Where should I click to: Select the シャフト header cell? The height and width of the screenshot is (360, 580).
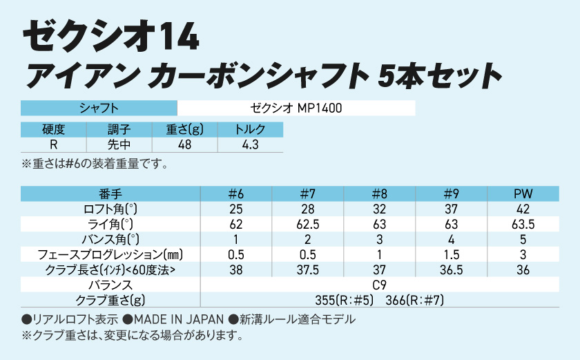coord(99,108)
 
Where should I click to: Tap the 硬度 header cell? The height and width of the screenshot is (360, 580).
coord(53,129)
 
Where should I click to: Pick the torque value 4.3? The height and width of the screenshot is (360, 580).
coord(250,145)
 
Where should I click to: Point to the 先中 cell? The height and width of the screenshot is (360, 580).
coord(119,145)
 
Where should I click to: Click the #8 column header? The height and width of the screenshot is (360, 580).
coord(379,193)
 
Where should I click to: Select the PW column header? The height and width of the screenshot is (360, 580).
coord(523,193)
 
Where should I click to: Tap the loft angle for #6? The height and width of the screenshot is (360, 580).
coord(235,209)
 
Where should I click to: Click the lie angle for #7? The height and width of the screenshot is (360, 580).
coord(307,224)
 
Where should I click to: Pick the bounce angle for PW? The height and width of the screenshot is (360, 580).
coord(523,239)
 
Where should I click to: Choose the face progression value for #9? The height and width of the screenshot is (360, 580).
coord(451,254)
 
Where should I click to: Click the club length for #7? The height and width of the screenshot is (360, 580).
coord(307,269)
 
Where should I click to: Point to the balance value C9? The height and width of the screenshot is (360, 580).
coord(379,285)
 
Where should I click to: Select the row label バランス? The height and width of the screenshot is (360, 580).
coord(110,285)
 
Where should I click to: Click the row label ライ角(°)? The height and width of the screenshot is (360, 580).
coord(110,224)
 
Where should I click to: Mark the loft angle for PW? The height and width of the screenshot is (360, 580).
coord(523,209)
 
